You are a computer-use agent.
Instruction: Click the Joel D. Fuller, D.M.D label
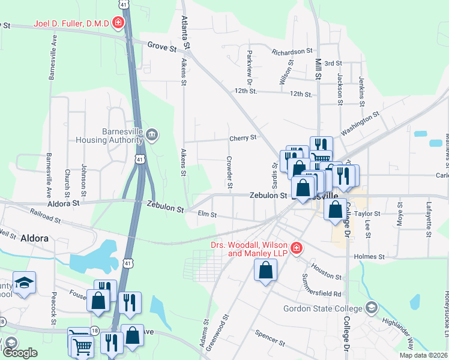pyautogui.click(x=71, y=23)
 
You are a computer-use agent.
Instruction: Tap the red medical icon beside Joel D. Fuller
pyautogui.click(x=119, y=23)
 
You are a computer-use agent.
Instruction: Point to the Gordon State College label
pyautogui.click(x=324, y=308)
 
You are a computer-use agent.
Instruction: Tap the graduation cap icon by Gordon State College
pyautogui.click(x=372, y=308)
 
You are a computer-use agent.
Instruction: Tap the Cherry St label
pyautogui.click(x=243, y=137)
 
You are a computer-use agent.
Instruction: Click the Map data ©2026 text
pyautogui.click(x=423, y=355)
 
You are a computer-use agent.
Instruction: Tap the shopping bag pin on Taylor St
pyautogui.click(x=336, y=210)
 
